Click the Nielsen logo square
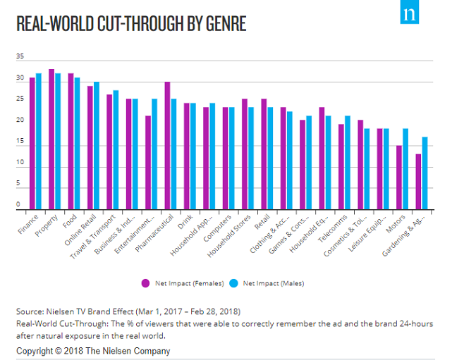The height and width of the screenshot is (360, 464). [x=409, y=14]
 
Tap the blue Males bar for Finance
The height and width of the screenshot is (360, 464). [x=39, y=142]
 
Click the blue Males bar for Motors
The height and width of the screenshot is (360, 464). [x=405, y=169]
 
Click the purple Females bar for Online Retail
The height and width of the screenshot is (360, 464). [x=90, y=148]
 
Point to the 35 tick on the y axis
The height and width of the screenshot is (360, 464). [x=20, y=56]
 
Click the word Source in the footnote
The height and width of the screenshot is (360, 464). [x=29, y=311]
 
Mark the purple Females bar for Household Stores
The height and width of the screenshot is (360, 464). [x=245, y=154]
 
